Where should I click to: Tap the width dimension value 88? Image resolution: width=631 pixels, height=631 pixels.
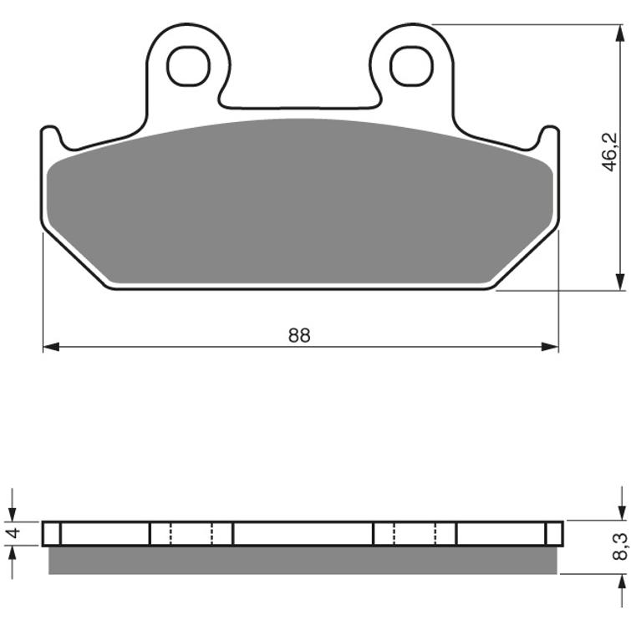tap(299, 335)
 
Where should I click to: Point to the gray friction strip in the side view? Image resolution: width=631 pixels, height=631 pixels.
tap(301, 560)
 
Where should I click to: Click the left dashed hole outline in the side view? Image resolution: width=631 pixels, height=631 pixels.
tap(191, 533)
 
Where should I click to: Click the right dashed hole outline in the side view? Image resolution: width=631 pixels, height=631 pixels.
tap(415, 533)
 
